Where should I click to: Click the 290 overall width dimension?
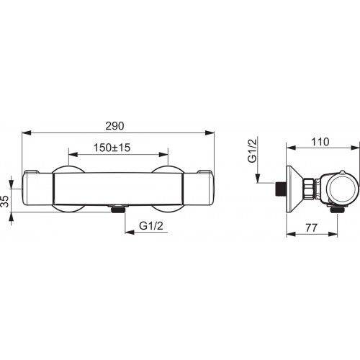point(114,126)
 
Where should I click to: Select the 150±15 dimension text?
point(112,148)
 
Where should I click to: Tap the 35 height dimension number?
point(5,201)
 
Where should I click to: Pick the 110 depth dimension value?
point(320,142)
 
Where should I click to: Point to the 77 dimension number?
point(311,228)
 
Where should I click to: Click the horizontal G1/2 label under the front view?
point(151,226)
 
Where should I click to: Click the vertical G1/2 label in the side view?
point(252,150)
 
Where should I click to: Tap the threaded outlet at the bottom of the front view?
point(117,209)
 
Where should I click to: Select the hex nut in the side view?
point(309,189)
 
